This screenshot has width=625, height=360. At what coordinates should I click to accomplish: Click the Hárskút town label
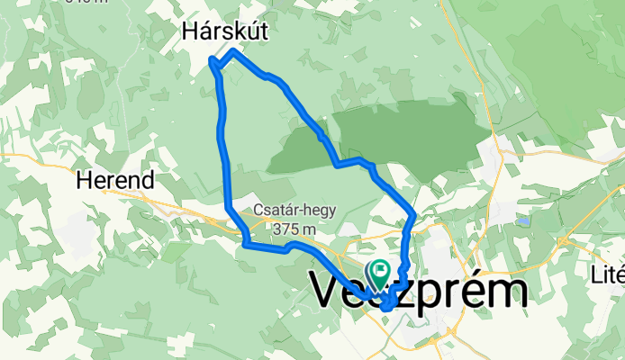225,31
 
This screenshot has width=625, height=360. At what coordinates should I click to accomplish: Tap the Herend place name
114,180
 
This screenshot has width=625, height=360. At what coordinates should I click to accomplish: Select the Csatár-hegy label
294,210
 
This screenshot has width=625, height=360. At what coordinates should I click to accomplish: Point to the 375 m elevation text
294,227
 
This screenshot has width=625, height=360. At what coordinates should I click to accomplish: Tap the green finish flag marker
380,269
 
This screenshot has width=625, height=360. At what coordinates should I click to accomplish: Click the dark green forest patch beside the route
405,126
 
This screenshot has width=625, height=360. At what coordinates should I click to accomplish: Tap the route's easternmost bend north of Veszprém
412,213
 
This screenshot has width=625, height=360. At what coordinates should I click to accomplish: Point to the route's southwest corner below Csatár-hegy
246,241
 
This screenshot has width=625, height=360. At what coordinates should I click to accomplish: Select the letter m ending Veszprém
509,292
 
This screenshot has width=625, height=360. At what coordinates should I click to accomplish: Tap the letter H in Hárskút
191,31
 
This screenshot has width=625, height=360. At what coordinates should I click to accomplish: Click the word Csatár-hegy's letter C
258,210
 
